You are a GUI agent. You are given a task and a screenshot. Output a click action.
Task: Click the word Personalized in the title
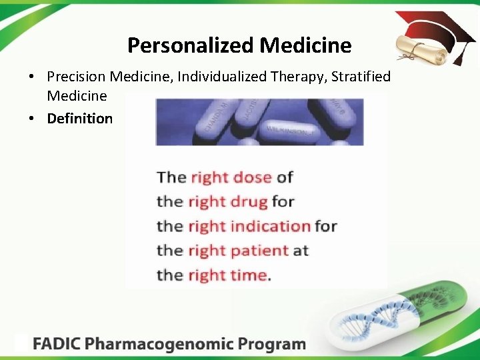click(x=191, y=45)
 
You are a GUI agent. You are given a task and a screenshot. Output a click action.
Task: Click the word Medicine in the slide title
click(x=305, y=45)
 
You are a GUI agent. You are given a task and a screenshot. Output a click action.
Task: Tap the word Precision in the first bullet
click(x=76, y=77)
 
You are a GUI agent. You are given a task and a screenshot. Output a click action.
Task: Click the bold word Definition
click(x=80, y=119)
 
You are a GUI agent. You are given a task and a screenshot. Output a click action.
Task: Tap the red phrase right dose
click(x=231, y=177)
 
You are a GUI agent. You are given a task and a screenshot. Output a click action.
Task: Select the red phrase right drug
click(x=228, y=201)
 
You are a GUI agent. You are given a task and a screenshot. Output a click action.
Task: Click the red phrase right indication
click(x=249, y=226)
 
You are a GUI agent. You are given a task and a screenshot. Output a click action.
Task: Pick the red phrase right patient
click(x=238, y=251)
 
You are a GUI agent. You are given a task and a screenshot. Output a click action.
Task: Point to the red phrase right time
click(x=227, y=275)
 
